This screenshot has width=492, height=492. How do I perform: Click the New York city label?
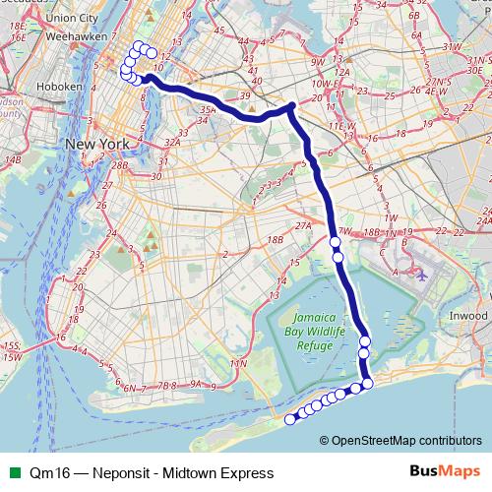(97, 144)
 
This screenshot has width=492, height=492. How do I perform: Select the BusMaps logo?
(444, 472)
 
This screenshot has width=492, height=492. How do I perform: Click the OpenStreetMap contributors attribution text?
(406, 440)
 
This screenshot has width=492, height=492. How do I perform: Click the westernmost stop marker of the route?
(290, 420)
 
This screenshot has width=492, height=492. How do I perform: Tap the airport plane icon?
(421, 274)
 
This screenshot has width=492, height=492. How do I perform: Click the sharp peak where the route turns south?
(291, 106)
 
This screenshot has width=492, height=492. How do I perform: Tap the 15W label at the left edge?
(11, 356)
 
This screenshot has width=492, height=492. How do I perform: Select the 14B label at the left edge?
(12, 158)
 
